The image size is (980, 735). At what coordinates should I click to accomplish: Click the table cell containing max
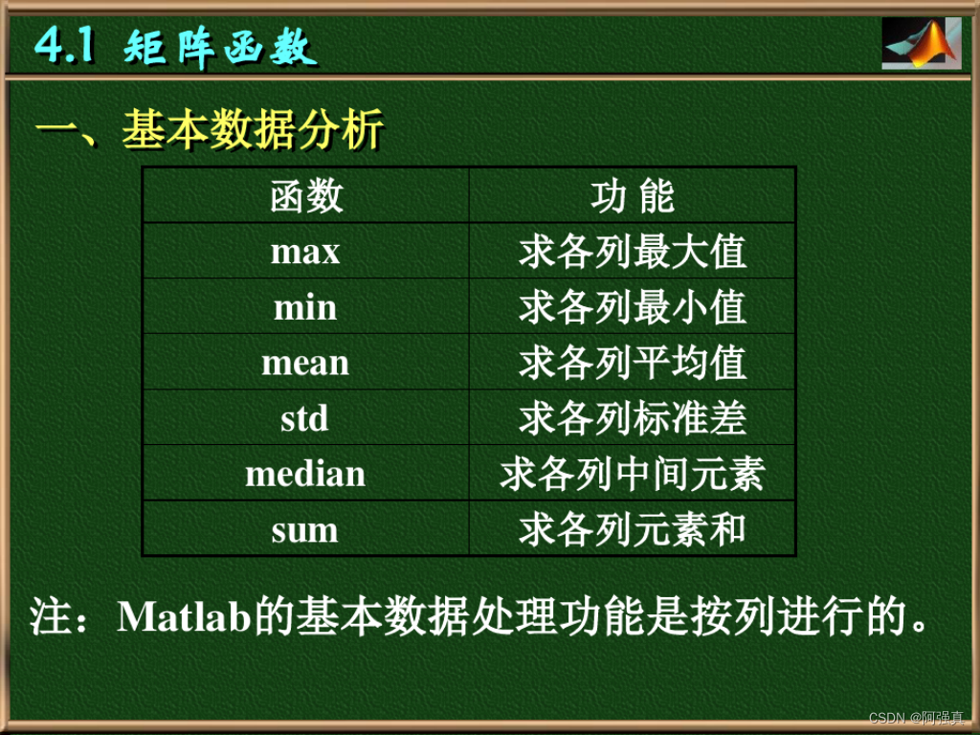305,252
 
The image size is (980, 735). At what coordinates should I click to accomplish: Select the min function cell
305,307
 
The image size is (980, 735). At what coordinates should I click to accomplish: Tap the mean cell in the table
305,363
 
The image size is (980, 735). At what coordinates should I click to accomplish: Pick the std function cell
305,418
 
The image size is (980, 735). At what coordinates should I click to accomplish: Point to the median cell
305,474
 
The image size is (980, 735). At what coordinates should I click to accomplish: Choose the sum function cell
305,529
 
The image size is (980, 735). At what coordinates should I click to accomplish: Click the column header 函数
305,196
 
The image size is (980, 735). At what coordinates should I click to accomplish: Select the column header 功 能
633,196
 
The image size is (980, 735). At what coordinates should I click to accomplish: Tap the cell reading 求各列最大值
633,252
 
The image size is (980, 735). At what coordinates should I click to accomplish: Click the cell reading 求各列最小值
633,307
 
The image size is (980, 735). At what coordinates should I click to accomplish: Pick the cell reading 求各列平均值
633,363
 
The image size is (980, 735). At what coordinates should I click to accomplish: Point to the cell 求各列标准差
633,418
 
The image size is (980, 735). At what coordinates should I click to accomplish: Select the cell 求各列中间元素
633,474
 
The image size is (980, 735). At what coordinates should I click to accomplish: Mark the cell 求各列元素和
633,529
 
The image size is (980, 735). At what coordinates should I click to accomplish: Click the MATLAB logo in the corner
921,43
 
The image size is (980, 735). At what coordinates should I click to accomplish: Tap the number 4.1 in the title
65,45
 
